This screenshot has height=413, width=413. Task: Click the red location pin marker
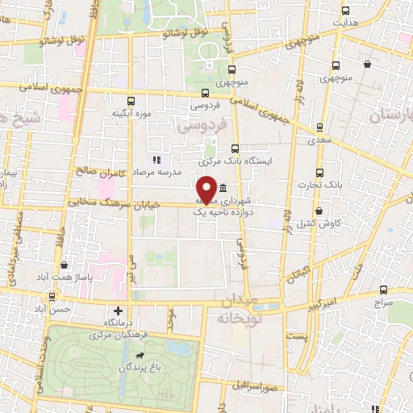point(206,189)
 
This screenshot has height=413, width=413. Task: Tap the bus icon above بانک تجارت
point(320,173)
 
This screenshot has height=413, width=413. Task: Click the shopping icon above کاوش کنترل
point(320,211)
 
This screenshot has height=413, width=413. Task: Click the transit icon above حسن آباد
point(51,297)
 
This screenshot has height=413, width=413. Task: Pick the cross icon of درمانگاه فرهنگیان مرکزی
point(119,311)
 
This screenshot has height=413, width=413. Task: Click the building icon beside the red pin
point(221,187)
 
